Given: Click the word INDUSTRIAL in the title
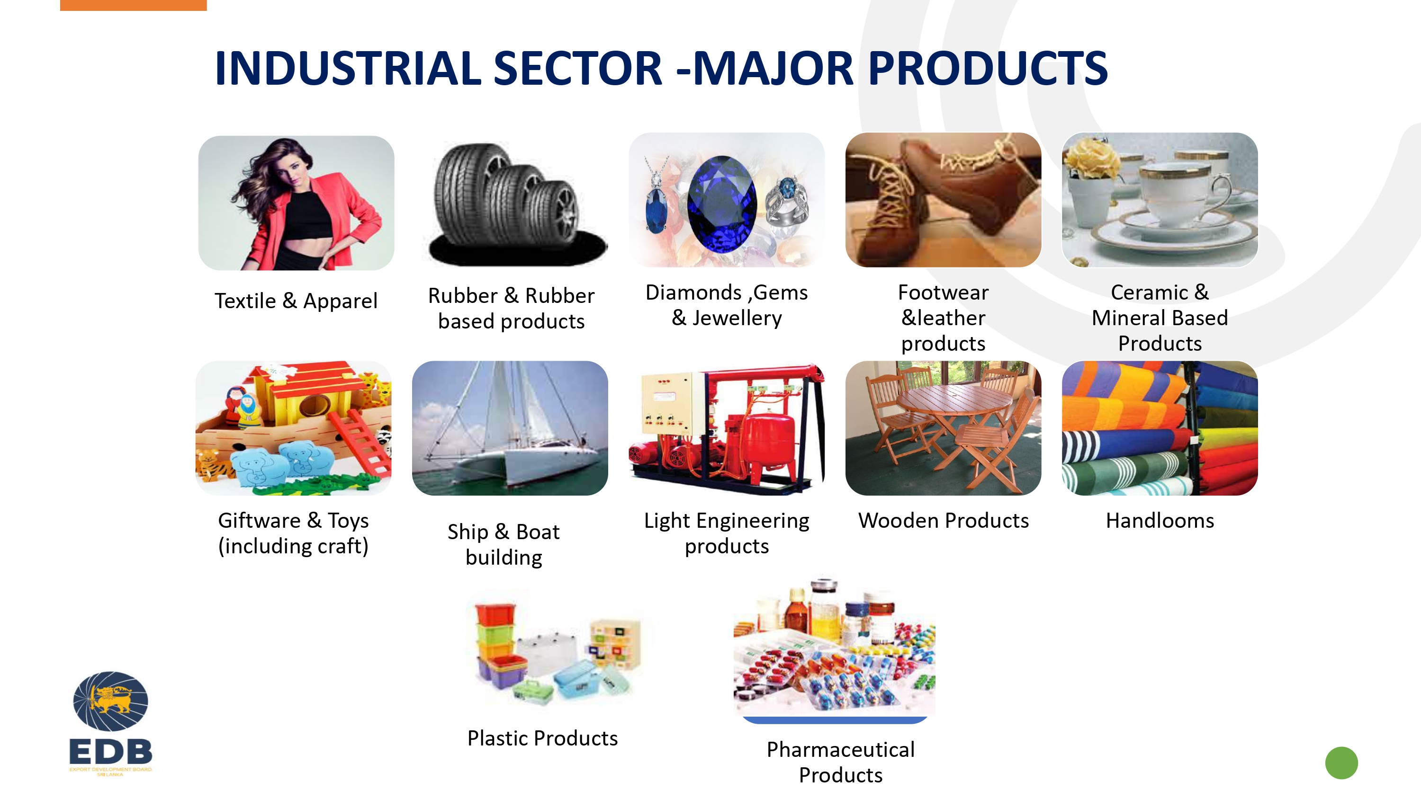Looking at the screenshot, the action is point(348,68).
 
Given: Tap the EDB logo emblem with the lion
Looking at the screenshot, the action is point(110,701).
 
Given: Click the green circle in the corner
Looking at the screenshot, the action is point(1341,763).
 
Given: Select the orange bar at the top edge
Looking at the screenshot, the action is point(134,5).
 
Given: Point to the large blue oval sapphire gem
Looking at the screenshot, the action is point(721,204).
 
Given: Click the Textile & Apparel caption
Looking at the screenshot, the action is point(296,301).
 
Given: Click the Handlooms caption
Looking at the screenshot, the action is point(1160,521).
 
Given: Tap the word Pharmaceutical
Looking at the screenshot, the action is point(841,749).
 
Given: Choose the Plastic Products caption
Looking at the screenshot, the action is point(542,738).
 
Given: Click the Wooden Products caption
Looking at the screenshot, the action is point(943,521).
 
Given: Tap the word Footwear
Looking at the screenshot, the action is point(943,292).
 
